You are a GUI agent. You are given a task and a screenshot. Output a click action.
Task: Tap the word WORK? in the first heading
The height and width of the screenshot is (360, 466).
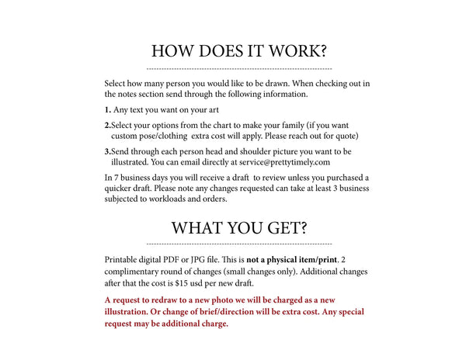(x=297, y=51)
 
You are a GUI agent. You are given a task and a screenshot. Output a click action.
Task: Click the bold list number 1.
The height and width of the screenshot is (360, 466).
(x=107, y=109)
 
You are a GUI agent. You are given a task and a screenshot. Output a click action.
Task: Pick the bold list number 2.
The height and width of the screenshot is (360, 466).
(x=107, y=125)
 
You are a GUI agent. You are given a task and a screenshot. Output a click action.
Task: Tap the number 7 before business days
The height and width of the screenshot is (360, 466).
(x=116, y=177)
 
